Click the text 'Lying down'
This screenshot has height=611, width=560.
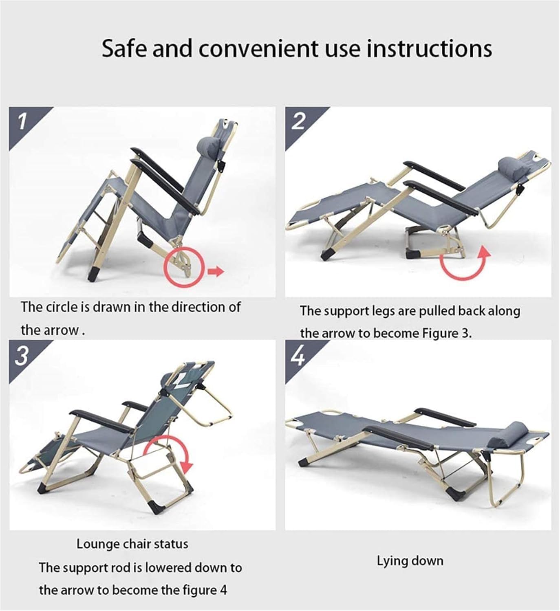point(410,561)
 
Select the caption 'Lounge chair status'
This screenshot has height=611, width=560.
point(132,544)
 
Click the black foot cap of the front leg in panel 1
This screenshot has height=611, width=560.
point(94,274)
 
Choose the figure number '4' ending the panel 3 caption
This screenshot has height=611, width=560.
point(223,590)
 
